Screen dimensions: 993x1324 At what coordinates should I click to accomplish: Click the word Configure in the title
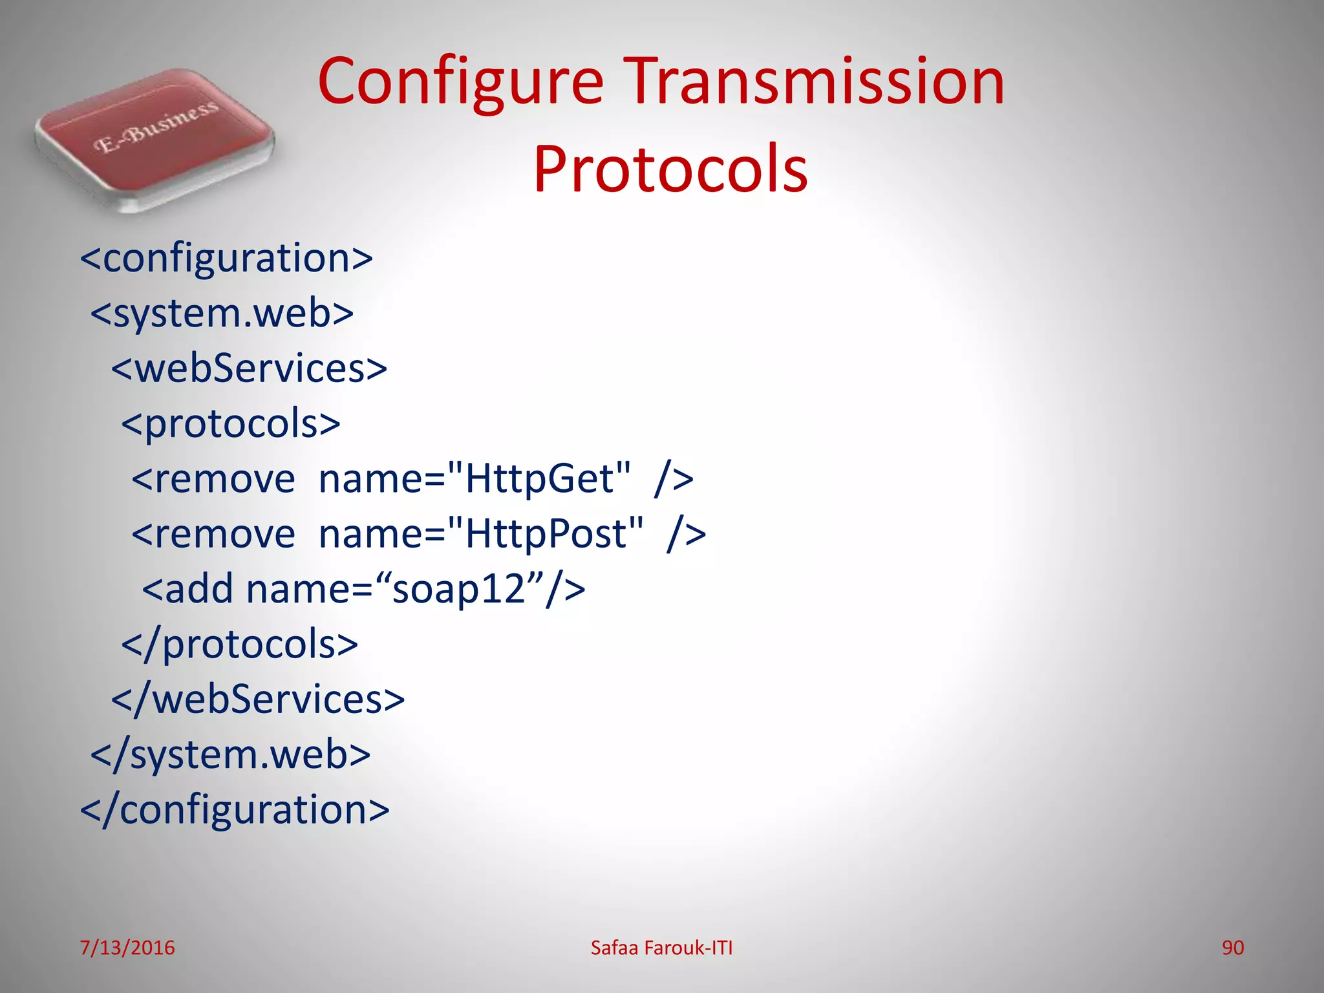460,81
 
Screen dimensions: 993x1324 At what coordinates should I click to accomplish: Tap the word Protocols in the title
670,169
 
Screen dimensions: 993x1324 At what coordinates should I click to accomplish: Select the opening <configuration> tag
226,259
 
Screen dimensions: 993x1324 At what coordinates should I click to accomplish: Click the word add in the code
199,590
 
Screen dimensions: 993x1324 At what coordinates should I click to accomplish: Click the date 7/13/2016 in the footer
127,948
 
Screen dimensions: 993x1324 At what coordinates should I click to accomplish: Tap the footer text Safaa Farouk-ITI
661,948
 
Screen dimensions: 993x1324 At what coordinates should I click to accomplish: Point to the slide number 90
1232,948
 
